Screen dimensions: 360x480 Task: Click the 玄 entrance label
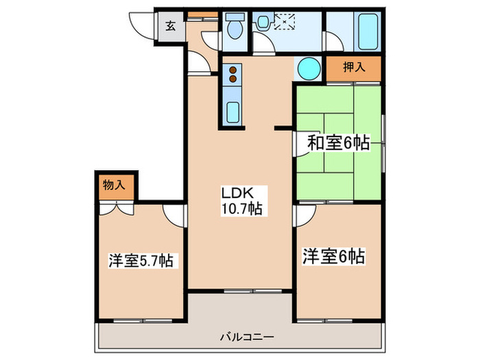[x=169, y=28]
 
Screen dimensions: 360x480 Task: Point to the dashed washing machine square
[x=283, y=22]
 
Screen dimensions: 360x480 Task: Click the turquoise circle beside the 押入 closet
[x=309, y=69]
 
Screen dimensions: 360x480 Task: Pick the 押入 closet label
[x=352, y=68]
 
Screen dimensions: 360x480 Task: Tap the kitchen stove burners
[x=232, y=74]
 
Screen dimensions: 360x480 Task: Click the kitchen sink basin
[x=232, y=110]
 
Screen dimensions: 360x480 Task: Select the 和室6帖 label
[x=338, y=143]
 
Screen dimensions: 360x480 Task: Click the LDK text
[x=233, y=193]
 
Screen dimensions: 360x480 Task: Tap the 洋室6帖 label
[x=333, y=258]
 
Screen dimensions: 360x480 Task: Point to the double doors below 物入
[x=116, y=207]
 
